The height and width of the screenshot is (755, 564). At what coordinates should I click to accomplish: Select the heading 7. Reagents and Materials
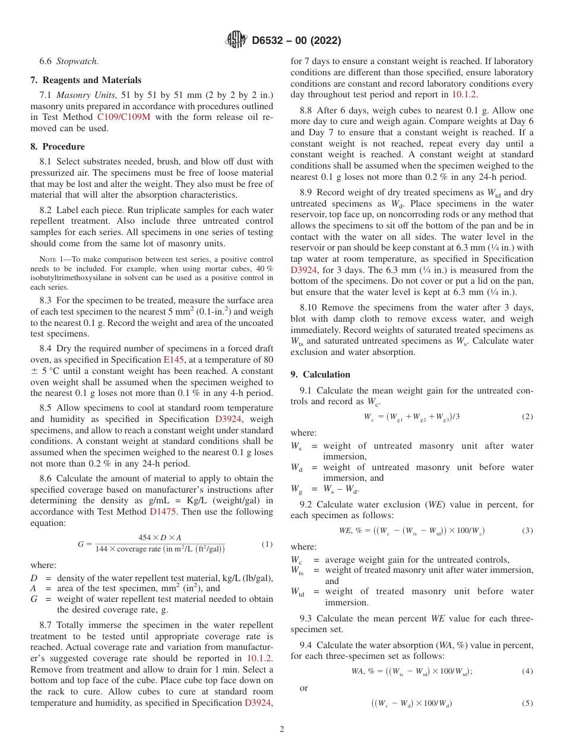[x=85, y=80]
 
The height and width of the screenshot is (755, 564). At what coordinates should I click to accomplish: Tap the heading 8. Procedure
[x=58, y=147]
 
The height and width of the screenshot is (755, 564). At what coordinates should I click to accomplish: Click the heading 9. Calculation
[x=321, y=375]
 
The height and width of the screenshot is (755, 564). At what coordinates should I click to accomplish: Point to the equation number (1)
[x=267, y=544]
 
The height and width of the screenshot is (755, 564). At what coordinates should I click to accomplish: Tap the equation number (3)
[x=527, y=530]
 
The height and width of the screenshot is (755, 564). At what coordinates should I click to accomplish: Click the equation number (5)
[x=527, y=704]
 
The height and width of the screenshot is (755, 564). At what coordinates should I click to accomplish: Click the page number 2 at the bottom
[x=282, y=729]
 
